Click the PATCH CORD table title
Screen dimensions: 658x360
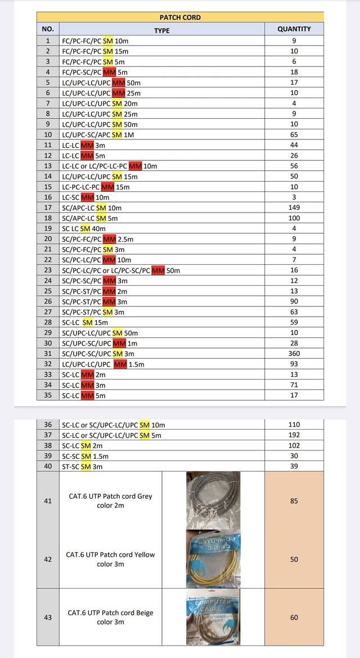pyautogui.click(x=180, y=17)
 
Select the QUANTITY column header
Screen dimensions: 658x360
pyautogui.click(x=294, y=29)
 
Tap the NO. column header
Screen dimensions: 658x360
pyautogui.click(x=48, y=29)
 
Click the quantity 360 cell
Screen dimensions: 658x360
pyautogui.click(x=294, y=353)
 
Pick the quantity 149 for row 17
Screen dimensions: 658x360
pyautogui.click(x=294, y=208)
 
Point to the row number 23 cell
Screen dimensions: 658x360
pyautogui.click(x=48, y=270)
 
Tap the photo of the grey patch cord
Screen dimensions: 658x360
pyautogui.click(x=213, y=500)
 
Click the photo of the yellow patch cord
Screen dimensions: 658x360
pyautogui.click(x=213, y=558)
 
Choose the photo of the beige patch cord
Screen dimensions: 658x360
pyautogui.click(x=213, y=616)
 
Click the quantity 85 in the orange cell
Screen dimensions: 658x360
pyautogui.click(x=294, y=501)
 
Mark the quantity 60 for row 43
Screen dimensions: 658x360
pyautogui.click(x=294, y=618)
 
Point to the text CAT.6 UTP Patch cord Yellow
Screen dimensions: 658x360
pyautogui.click(x=110, y=555)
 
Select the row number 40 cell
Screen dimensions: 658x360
pyautogui.click(x=48, y=466)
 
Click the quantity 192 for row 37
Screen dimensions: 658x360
pyautogui.click(x=294, y=435)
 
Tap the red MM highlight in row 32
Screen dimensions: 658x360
pyautogui.click(x=120, y=364)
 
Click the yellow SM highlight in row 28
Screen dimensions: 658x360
pyautogui.click(x=88, y=322)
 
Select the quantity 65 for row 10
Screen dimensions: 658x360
pyautogui.click(x=294, y=134)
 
